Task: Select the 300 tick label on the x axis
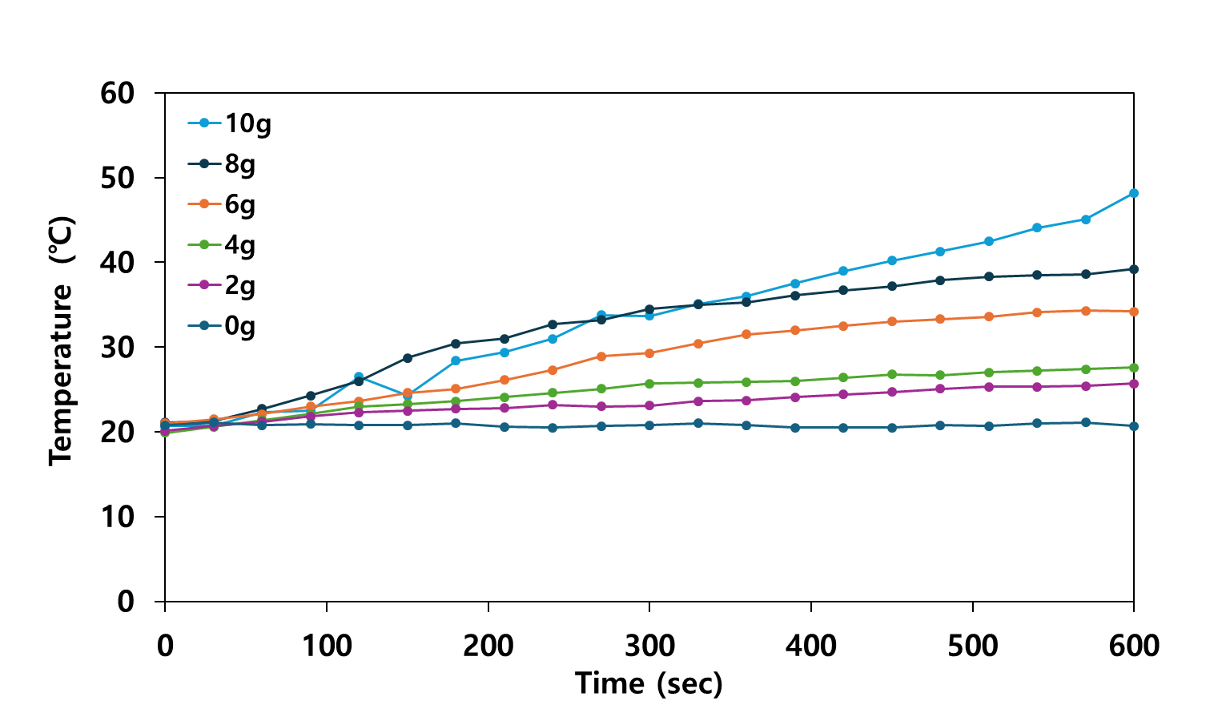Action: (649, 646)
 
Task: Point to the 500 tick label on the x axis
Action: (972, 646)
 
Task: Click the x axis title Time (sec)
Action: (649, 683)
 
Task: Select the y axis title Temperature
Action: (62, 340)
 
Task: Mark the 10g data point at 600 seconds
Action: (1134, 193)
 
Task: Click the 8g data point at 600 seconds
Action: (1134, 269)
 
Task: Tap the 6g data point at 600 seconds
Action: (1134, 312)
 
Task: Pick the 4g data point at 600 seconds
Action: (1134, 368)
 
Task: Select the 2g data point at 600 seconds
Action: (1134, 384)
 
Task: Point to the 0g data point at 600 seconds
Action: (1134, 426)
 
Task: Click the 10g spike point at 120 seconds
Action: (359, 377)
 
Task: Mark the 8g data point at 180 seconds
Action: (456, 344)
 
